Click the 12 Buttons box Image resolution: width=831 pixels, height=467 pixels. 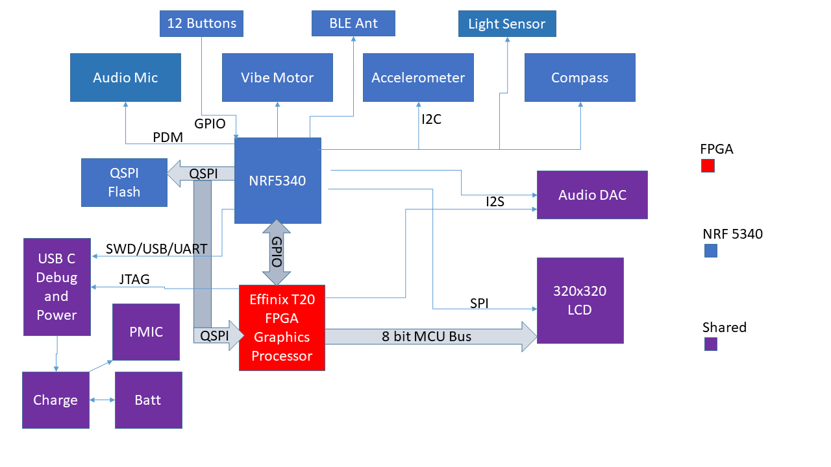pos(202,24)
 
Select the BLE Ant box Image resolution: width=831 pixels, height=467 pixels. pos(353,23)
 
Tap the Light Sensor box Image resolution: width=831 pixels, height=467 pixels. pos(507,24)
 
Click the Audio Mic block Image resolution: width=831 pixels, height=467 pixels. pos(125,78)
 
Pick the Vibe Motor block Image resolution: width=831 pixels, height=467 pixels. pos(277,78)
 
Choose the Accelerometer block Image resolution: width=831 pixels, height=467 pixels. pos(418,78)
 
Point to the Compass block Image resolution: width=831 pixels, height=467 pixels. pos(580,78)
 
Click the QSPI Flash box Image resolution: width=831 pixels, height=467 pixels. pos(124,182)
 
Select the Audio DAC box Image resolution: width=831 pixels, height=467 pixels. pos(592,195)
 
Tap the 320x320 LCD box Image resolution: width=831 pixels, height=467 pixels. pos(580,300)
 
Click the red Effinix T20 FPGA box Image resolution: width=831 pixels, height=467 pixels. pos(282,328)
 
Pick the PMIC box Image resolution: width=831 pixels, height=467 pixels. pos(147,332)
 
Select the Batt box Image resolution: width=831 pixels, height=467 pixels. pos(148,400)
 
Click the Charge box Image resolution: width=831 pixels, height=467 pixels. pos(55,400)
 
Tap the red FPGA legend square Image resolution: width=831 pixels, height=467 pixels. pos(708,166)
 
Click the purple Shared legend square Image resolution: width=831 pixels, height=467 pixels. pos(711,344)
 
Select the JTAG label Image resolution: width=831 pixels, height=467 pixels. pos(134,280)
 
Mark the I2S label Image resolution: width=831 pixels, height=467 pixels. pos(495,202)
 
